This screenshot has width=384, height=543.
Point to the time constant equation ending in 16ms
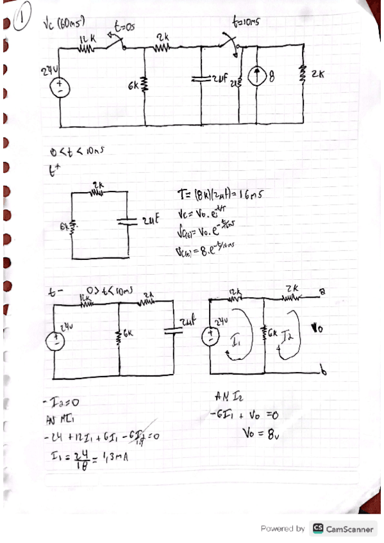click(219, 193)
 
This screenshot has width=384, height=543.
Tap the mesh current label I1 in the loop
click(236, 344)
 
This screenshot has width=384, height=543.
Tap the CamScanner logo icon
click(316, 529)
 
